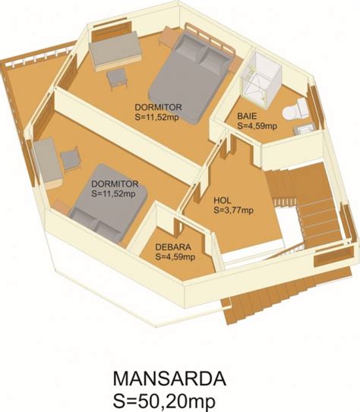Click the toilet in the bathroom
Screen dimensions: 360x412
tap(295, 110)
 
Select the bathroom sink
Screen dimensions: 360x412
tap(304, 129)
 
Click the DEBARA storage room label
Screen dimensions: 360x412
tap(173, 247)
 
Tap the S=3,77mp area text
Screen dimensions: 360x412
tap(233, 210)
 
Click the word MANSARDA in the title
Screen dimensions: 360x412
tap(169, 379)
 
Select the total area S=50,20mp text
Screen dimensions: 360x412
tap(164, 401)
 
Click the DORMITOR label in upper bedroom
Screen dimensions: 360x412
tap(158, 107)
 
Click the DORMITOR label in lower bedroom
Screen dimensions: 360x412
tap(115, 184)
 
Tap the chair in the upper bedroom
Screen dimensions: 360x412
tap(117, 78)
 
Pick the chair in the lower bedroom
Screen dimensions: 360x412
tap(70, 159)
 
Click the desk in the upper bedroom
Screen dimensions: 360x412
tap(115, 52)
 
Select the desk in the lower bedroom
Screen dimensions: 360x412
tap(47, 163)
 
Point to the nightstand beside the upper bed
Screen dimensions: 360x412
tap(167, 36)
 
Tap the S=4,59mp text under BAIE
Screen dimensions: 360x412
tap(257, 126)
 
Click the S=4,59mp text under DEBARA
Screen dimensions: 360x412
tap(175, 256)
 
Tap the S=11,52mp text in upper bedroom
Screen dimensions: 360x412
tap(157, 117)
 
